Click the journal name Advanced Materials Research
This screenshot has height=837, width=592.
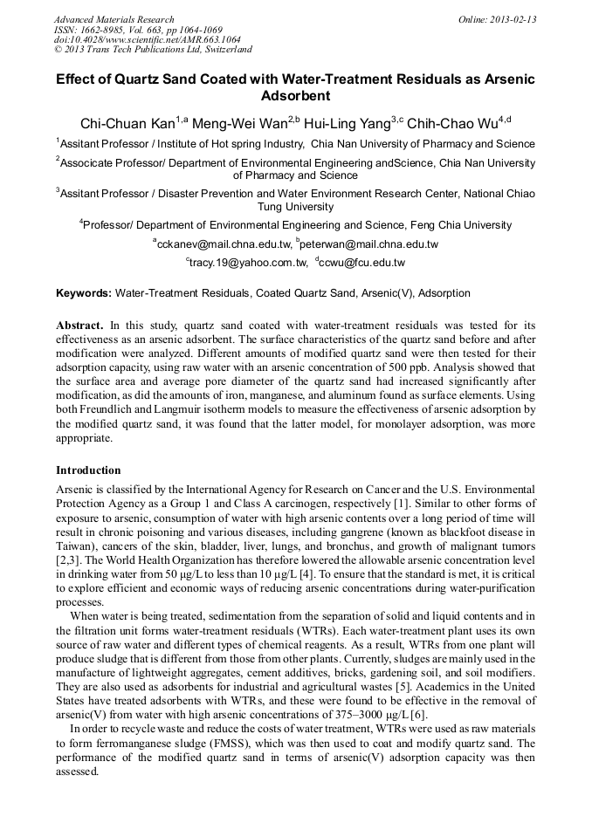coord(114,19)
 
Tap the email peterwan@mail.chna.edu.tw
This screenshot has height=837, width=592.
coord(369,244)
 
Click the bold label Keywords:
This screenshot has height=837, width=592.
coord(84,293)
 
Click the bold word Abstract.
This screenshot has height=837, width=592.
coord(79,325)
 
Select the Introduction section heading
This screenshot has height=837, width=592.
coord(88,470)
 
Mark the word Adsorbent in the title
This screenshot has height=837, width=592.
coord(296,95)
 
